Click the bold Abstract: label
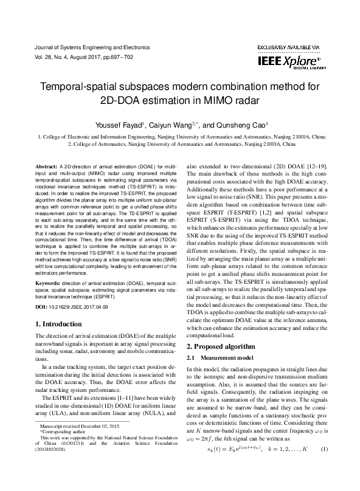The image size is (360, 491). [x=46, y=166]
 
